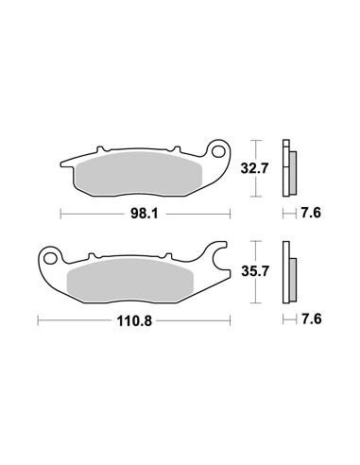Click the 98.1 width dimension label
tap(143, 215)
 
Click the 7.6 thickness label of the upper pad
tap(308, 214)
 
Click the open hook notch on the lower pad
tap(218, 258)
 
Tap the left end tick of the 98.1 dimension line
tap(61, 215)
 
